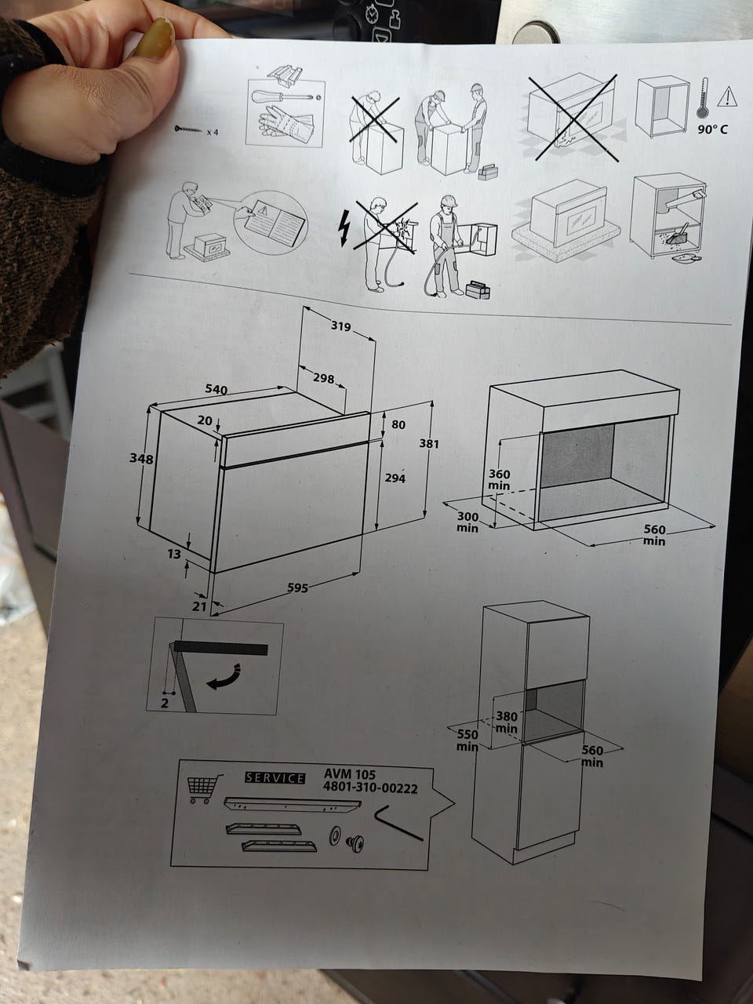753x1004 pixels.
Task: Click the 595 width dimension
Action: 297,587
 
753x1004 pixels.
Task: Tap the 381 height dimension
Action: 429,444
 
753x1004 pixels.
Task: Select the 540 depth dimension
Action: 216,389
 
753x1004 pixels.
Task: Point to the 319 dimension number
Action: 341,326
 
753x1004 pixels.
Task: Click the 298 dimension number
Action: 324,378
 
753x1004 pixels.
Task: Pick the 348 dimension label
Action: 141,458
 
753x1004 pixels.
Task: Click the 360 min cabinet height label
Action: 500,479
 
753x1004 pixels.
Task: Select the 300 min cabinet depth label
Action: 467,522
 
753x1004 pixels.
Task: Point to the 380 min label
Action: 507,722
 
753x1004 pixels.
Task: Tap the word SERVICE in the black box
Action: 275,778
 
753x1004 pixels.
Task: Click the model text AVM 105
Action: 350,774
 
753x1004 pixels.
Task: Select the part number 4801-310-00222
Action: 370,788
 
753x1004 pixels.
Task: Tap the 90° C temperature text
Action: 712,129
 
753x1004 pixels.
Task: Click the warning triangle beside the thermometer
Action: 727,96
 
